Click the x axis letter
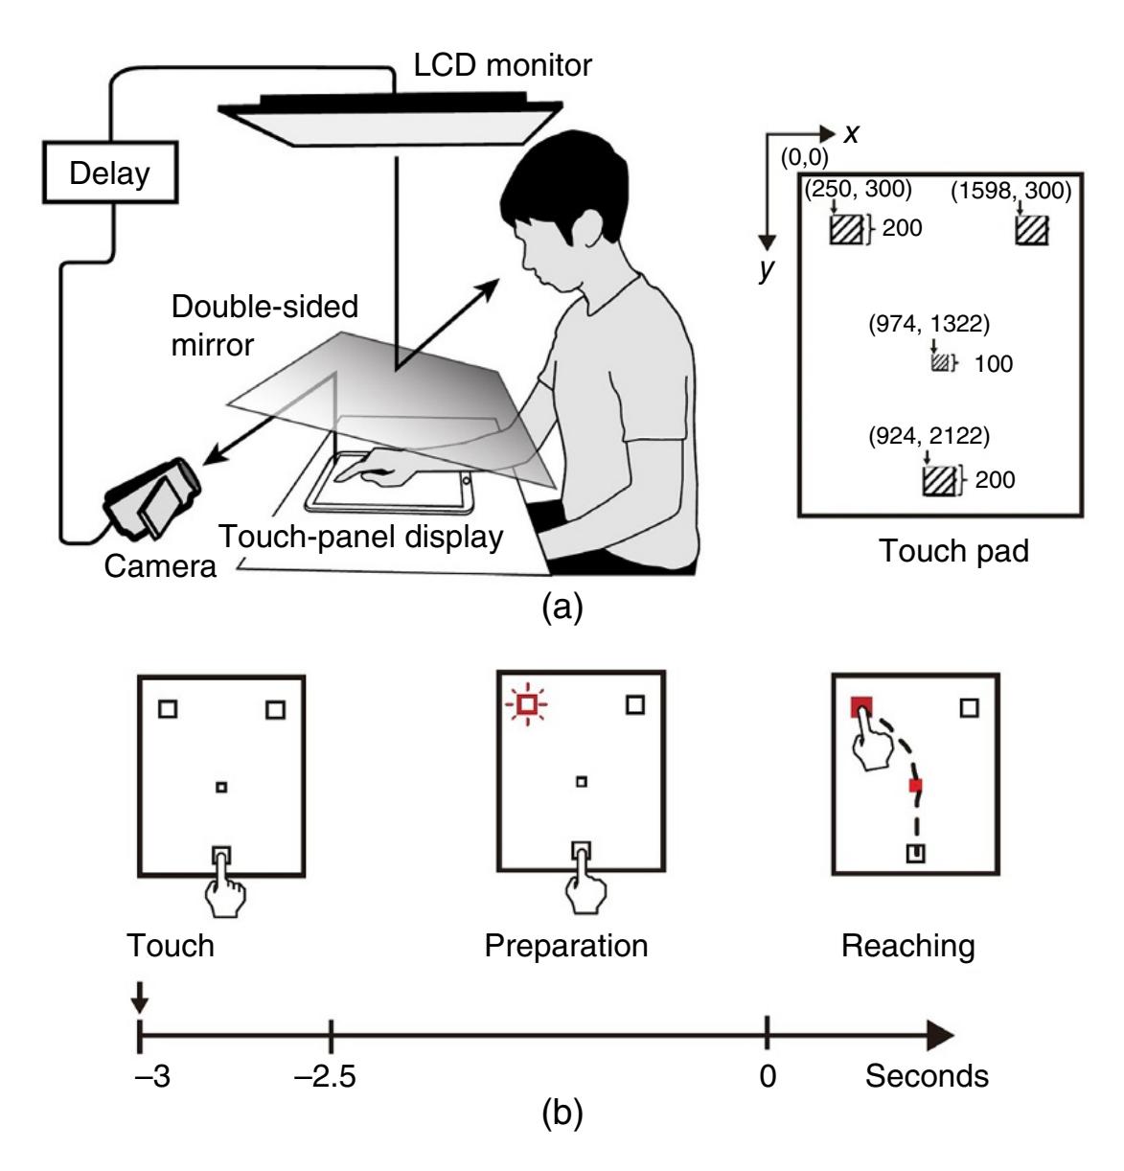(851, 133)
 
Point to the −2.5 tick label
(326, 1075)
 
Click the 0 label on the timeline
(767, 1075)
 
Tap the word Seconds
(927, 1075)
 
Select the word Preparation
(566, 946)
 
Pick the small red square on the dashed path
(915, 786)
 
